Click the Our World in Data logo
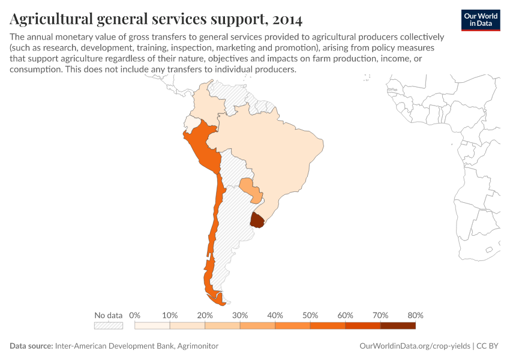[x=481, y=20]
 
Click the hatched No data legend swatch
[x=108, y=326]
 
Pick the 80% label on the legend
[x=415, y=315]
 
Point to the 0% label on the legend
[x=134, y=315]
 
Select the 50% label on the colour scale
[x=310, y=315]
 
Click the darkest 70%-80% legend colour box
[x=398, y=326]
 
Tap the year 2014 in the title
[x=287, y=20]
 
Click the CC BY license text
[x=489, y=346]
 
